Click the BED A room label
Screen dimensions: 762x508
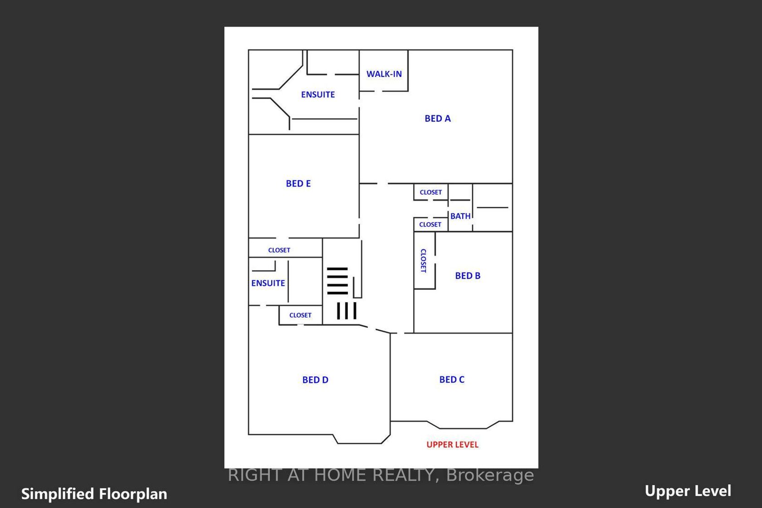pyautogui.click(x=437, y=118)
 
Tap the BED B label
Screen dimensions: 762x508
pyautogui.click(x=468, y=276)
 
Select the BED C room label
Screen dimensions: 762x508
pyautogui.click(x=452, y=379)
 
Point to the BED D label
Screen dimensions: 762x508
pyautogui.click(x=315, y=380)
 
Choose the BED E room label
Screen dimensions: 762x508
pyautogui.click(x=298, y=184)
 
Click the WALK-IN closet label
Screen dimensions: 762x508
pyautogui.click(x=384, y=74)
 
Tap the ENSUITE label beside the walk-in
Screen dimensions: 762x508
pyautogui.click(x=318, y=95)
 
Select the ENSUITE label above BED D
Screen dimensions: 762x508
pyautogui.click(x=268, y=283)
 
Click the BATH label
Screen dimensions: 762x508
pyautogui.click(x=460, y=216)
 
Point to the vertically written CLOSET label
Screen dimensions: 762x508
pyautogui.click(x=423, y=261)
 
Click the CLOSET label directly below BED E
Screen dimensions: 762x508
pyautogui.click(x=279, y=250)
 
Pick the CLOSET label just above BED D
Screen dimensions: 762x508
pyautogui.click(x=300, y=315)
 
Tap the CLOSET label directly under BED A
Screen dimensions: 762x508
pyautogui.click(x=431, y=192)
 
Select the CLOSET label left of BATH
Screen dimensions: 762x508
pyautogui.click(x=430, y=225)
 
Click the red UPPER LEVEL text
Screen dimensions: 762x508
pyautogui.click(x=453, y=444)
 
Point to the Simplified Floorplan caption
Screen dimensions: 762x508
pyautogui.click(x=94, y=493)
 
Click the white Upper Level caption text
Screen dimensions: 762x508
pyautogui.click(x=688, y=491)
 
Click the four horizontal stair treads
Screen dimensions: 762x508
pyautogui.click(x=337, y=281)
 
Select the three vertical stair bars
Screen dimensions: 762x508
pyautogui.click(x=347, y=311)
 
